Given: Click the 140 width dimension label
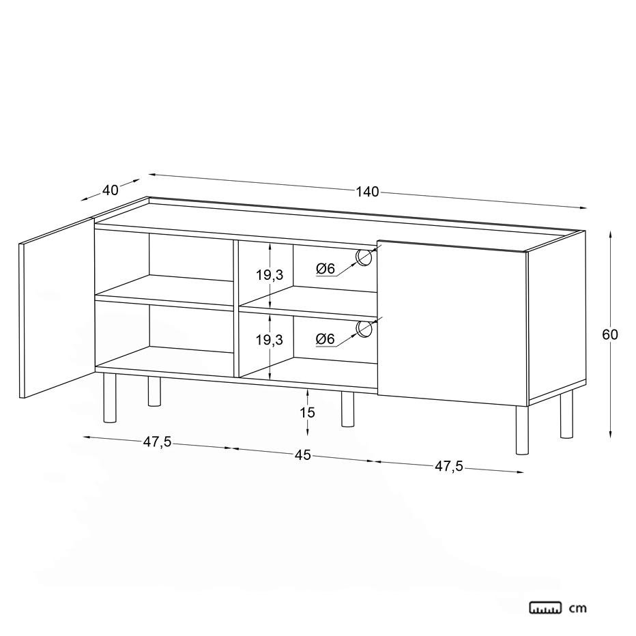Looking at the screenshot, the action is pyautogui.click(x=367, y=192).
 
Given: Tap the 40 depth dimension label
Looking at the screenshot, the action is pyautogui.click(x=111, y=190).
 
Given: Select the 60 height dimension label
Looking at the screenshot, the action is pyautogui.click(x=609, y=334).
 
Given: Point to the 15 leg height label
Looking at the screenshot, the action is pyautogui.click(x=308, y=412).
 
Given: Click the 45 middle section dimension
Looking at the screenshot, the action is pyautogui.click(x=302, y=455).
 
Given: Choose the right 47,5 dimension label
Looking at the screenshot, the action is pyautogui.click(x=448, y=467).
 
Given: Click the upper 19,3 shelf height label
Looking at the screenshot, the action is pyautogui.click(x=269, y=275).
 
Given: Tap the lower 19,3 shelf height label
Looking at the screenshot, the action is pyautogui.click(x=269, y=340).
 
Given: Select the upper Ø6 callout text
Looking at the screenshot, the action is pyautogui.click(x=326, y=268).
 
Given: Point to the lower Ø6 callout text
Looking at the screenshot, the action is pyautogui.click(x=326, y=338).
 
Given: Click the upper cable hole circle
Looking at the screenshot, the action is pyautogui.click(x=363, y=257).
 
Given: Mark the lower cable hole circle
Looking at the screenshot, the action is pyautogui.click(x=363, y=329).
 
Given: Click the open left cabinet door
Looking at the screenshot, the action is pyautogui.click(x=57, y=308).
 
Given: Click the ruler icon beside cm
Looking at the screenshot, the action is pyautogui.click(x=545, y=607).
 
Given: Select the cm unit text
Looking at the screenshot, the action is pyautogui.click(x=577, y=608).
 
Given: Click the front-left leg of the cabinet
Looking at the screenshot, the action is pyautogui.click(x=110, y=398).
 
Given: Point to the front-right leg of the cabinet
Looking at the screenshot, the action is pyautogui.click(x=523, y=430).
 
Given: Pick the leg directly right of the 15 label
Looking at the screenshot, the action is pyautogui.click(x=347, y=409).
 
